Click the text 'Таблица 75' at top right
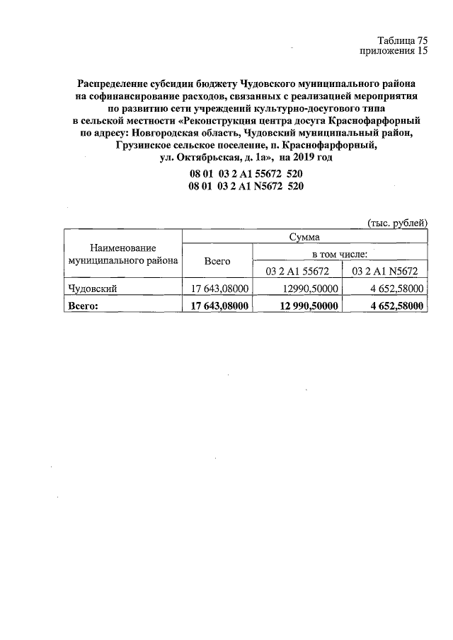pyautogui.click(x=403, y=40)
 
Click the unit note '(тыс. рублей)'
pyautogui.click(x=396, y=223)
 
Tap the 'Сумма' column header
pyautogui.click(x=305, y=237)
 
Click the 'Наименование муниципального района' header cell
pyautogui.click(x=122, y=255)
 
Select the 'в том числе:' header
pyautogui.click(x=340, y=252)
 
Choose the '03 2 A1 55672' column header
pyautogui.click(x=297, y=270)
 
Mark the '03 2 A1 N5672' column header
pyautogui.click(x=385, y=270)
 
